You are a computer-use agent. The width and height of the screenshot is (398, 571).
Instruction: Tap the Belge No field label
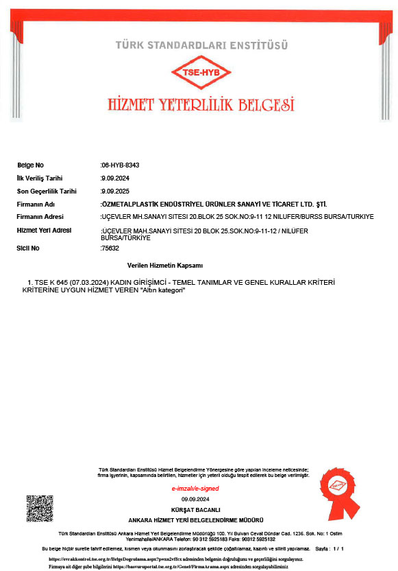click(30, 165)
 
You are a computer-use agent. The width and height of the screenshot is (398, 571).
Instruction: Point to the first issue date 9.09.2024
click(110, 178)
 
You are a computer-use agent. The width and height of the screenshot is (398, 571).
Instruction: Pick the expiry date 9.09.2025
click(110, 191)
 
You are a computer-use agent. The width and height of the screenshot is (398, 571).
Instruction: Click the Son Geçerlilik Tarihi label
click(47, 191)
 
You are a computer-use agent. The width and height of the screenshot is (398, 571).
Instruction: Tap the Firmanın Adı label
click(36, 205)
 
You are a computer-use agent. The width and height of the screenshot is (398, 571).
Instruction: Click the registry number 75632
click(110, 248)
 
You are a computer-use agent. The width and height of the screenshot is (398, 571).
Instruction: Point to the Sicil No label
click(28, 248)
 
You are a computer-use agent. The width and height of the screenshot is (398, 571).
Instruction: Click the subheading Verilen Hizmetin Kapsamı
click(165, 265)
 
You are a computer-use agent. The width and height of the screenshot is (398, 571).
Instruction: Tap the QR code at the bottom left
click(40, 508)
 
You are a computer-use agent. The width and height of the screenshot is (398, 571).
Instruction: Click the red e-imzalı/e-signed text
click(195, 489)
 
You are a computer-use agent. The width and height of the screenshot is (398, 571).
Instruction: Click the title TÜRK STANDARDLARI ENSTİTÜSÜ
click(200, 46)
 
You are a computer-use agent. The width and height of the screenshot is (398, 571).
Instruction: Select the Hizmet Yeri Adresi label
click(44, 231)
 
